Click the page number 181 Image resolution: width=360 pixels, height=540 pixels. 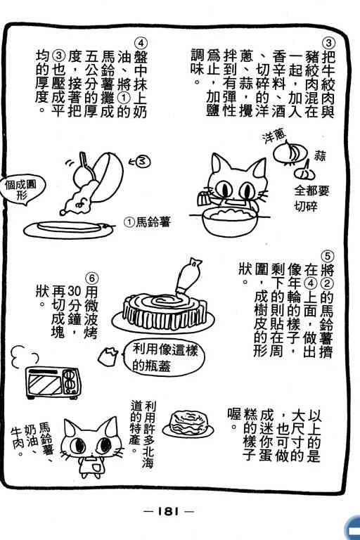tap(169, 511)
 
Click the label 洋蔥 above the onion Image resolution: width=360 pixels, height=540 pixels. tap(274, 136)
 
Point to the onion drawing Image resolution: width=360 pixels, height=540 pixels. tap(290, 152)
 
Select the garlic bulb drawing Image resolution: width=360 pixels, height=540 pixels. tap(306, 171)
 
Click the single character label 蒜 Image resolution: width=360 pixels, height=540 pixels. tap(320, 156)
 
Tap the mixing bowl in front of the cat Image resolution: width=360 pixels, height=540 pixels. tap(229, 222)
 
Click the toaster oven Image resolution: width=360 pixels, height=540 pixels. tap(53, 383)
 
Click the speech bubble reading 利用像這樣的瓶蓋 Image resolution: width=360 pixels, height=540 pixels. tap(164, 357)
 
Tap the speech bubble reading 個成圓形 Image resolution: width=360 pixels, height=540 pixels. tap(21, 190)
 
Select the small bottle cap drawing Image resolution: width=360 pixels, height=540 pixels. tap(108, 356)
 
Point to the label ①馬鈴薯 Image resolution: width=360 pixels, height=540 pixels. tap(148, 222)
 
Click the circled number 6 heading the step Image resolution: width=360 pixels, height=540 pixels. tap(91, 278)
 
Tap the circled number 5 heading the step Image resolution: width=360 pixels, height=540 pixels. tap(327, 257)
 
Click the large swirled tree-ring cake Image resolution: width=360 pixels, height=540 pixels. tap(164, 311)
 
